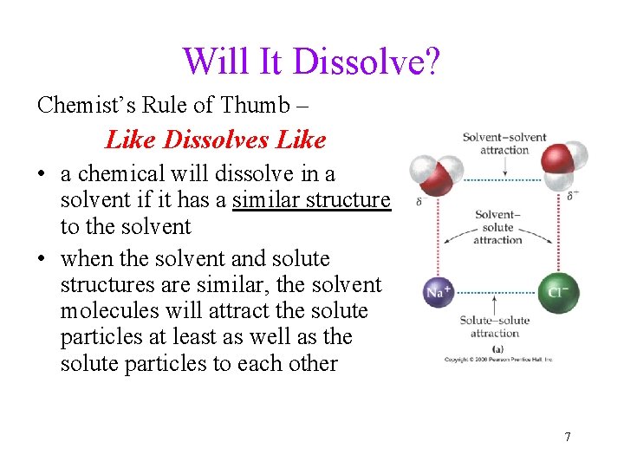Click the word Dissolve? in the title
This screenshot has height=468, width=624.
point(367,62)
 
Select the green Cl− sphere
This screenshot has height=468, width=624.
point(558,292)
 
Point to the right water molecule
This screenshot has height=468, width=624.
point(562,161)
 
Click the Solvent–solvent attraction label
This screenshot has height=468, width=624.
point(504,143)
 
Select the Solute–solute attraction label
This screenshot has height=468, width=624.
point(494,326)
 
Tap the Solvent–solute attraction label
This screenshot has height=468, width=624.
point(497,226)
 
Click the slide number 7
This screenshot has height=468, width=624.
point(568,436)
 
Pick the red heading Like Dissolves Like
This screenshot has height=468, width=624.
point(215,139)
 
